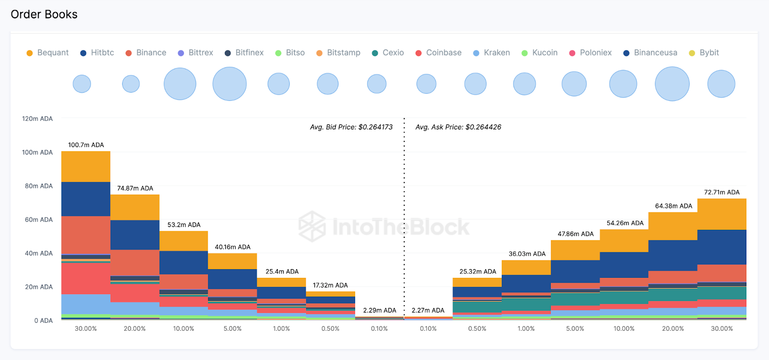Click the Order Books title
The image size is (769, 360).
coord(44,14)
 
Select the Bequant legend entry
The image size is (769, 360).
coord(48,53)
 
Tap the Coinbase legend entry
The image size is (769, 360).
coord(438,53)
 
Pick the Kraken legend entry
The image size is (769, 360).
coord(492,53)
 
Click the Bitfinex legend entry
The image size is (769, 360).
coord(244,53)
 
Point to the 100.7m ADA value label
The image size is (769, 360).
coord(86,145)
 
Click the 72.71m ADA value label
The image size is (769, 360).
coord(722,192)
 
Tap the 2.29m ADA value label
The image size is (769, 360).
coord(380,310)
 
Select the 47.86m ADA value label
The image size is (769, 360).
coord(575,234)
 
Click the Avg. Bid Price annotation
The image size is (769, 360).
coord(351,127)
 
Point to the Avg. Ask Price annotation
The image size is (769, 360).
coord(459,127)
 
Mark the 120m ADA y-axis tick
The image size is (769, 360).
coord(37,119)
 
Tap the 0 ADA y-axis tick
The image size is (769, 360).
coord(43,321)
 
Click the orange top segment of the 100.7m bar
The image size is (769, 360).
coord(86,166)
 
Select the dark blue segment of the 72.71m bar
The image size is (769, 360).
coord(722,247)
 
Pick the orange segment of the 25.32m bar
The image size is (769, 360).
coord(477,282)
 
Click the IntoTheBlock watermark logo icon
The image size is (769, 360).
coord(312,226)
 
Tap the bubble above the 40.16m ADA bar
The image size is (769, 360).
coord(230,84)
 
